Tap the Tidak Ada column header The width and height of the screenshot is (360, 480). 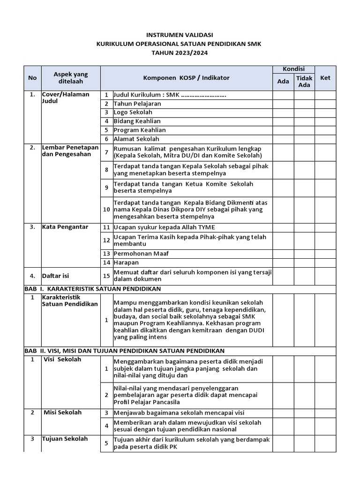point(304,81)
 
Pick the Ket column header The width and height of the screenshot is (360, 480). point(325,78)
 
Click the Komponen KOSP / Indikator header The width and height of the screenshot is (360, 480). point(186,78)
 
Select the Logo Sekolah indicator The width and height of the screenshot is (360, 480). point(133,112)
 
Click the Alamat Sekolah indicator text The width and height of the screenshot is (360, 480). point(136,139)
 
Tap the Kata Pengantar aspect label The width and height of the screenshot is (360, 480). point(65,227)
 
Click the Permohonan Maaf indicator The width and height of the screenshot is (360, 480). point(141,254)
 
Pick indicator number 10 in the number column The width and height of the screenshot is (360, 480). point(106,210)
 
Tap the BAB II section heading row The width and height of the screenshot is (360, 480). point(124,351)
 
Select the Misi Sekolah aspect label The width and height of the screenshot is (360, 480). point(62,412)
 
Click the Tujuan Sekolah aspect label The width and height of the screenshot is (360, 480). point(65,439)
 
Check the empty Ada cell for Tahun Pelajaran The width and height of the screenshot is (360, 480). point(283,104)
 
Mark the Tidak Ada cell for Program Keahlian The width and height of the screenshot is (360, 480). point(304,130)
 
